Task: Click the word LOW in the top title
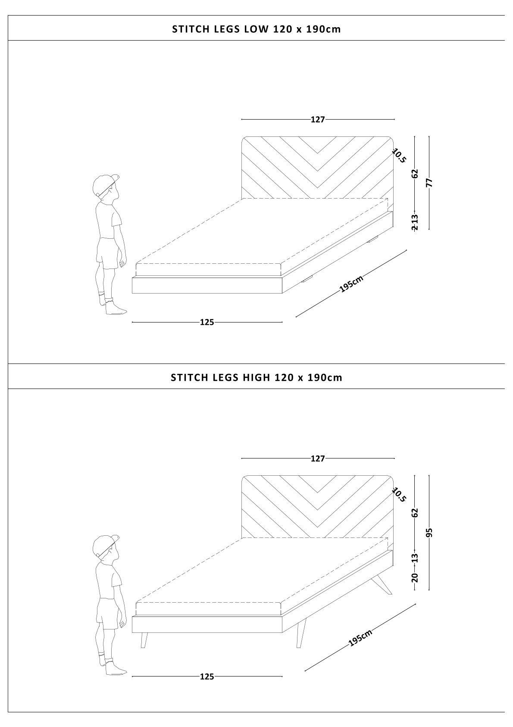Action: pyautogui.click(x=256, y=29)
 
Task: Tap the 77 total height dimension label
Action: pyautogui.click(x=430, y=183)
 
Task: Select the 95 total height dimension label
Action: pyautogui.click(x=430, y=533)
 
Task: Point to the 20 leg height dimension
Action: pyautogui.click(x=415, y=577)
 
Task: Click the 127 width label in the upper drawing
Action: pyautogui.click(x=318, y=120)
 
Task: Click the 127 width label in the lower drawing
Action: pyautogui.click(x=318, y=458)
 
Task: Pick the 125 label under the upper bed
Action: pyautogui.click(x=207, y=322)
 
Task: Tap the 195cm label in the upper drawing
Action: pyautogui.click(x=351, y=284)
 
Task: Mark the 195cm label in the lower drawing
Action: pyautogui.click(x=360, y=638)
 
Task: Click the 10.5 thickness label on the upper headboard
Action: pyautogui.click(x=399, y=155)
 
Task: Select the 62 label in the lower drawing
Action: pyautogui.click(x=415, y=513)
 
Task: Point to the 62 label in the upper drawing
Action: pyautogui.click(x=415, y=174)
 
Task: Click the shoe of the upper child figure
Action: pyautogui.click(x=116, y=309)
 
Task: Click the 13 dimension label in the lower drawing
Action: pyautogui.click(x=415, y=558)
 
